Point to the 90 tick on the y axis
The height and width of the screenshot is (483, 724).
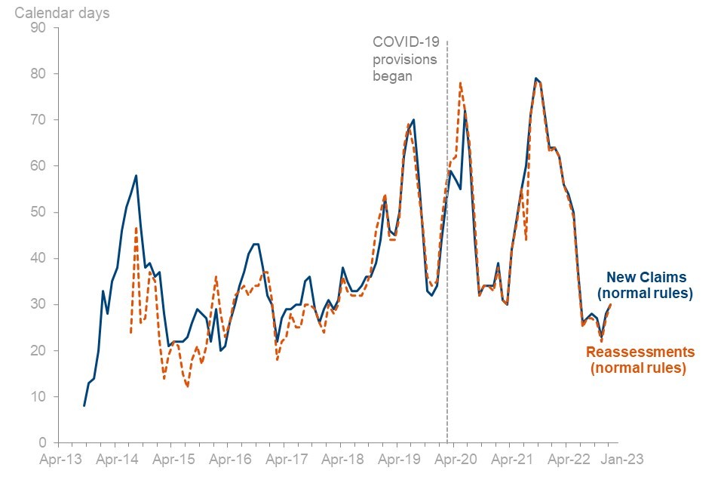pyautogui.click(x=38, y=28)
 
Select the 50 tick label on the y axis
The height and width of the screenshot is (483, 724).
pyautogui.click(x=38, y=212)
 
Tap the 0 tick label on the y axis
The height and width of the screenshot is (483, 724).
pyautogui.click(x=42, y=443)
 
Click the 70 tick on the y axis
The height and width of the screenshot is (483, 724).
pyautogui.click(x=38, y=120)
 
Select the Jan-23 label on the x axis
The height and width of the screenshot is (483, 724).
pyautogui.click(x=621, y=458)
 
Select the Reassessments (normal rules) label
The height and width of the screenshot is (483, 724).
pyautogui.click(x=640, y=360)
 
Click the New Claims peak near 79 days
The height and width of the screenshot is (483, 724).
pyautogui.click(x=535, y=78)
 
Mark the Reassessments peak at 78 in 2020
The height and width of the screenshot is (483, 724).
pyautogui.click(x=460, y=83)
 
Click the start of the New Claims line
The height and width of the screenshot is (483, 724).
pyautogui.click(x=84, y=406)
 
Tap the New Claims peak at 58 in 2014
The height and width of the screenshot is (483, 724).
pyautogui.click(x=136, y=175)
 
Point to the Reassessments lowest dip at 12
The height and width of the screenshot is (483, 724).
pyautogui.click(x=187, y=387)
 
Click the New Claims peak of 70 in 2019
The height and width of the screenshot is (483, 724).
pyautogui.click(x=413, y=120)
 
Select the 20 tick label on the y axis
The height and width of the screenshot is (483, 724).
pyautogui.click(x=38, y=351)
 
